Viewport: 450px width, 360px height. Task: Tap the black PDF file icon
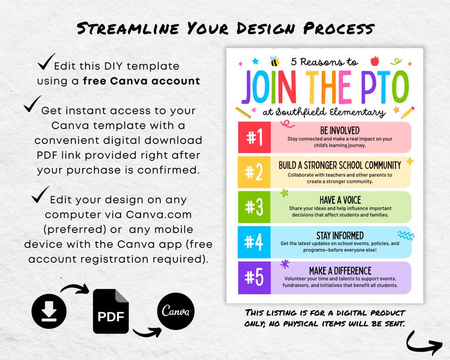click(111, 311)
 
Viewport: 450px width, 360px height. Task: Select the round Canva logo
click(175, 311)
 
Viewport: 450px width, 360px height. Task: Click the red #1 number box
click(254, 137)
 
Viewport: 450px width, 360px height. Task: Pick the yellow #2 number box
click(254, 172)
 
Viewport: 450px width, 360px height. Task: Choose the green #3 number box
click(254, 207)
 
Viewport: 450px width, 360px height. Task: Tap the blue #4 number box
click(254, 242)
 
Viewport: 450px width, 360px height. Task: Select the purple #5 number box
click(254, 277)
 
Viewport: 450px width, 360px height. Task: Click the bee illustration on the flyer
click(275, 61)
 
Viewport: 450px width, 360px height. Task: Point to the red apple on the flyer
click(374, 60)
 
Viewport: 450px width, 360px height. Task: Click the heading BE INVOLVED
click(339, 131)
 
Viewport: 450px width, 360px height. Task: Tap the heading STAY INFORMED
click(340, 235)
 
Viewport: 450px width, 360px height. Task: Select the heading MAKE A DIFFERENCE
click(340, 270)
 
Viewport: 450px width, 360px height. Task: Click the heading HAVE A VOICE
click(340, 200)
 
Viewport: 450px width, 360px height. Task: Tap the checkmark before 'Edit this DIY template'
click(47, 61)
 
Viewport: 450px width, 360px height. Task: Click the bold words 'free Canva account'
click(141, 81)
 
